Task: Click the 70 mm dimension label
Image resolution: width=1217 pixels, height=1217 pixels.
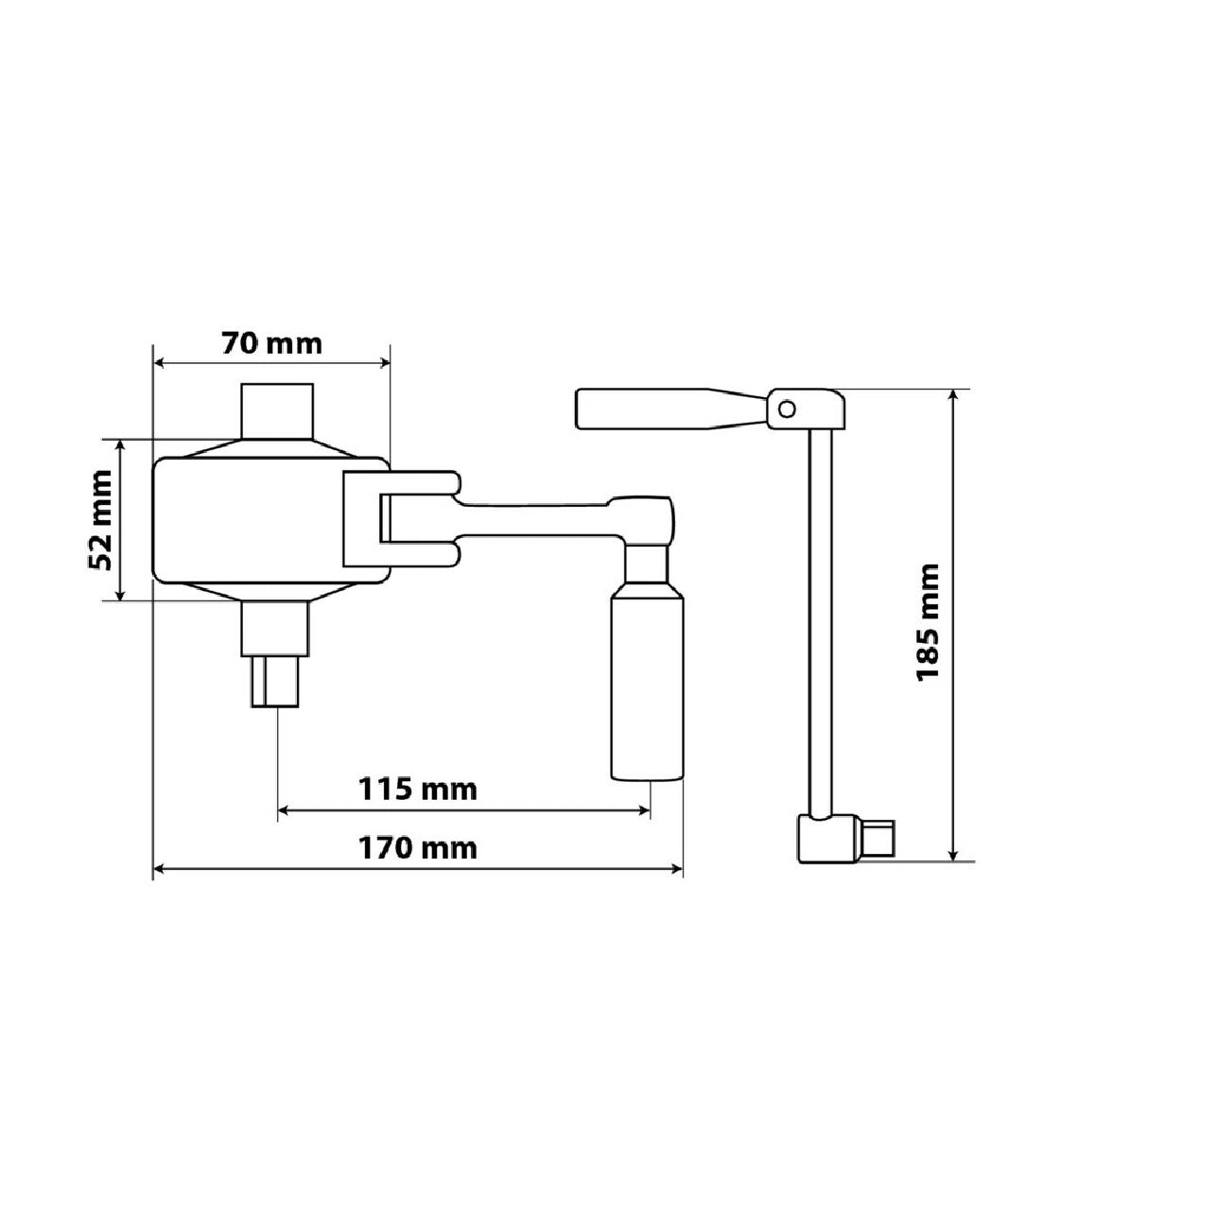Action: coord(271,344)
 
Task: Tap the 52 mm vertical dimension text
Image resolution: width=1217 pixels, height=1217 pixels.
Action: coord(99,520)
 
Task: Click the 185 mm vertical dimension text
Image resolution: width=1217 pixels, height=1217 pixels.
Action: coord(928,622)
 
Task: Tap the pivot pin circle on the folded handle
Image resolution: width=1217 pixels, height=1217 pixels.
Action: coord(787,409)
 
